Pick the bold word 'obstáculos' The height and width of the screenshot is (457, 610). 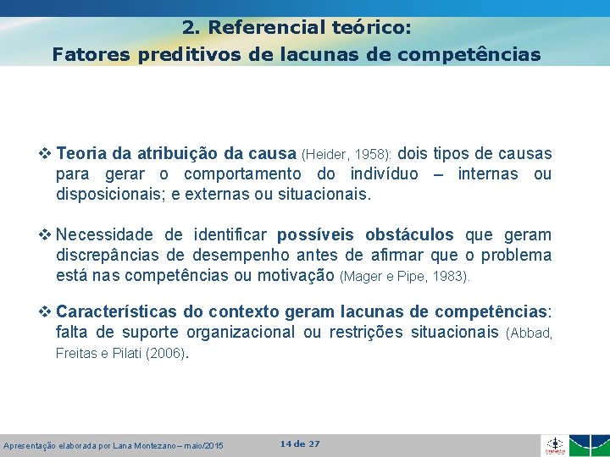(x=409, y=234)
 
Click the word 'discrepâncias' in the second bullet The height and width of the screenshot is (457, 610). (x=110, y=255)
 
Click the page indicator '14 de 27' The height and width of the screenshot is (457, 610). (x=299, y=443)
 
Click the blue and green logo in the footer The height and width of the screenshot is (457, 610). (x=591, y=445)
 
